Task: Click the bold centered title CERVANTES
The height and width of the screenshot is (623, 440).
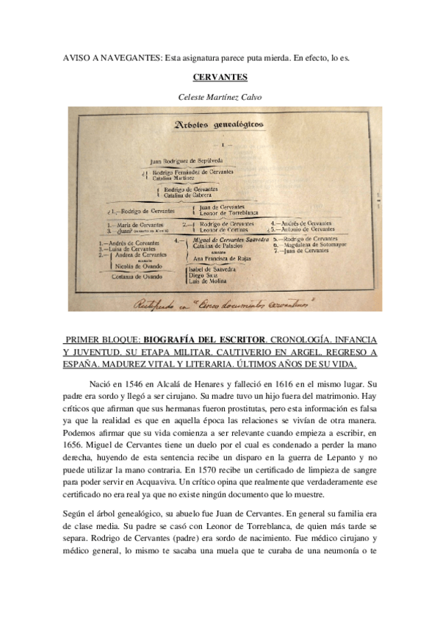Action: coord(220,76)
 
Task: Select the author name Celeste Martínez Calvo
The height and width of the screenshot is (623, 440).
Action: coord(220,96)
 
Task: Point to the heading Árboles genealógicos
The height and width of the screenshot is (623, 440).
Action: coord(217,125)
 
